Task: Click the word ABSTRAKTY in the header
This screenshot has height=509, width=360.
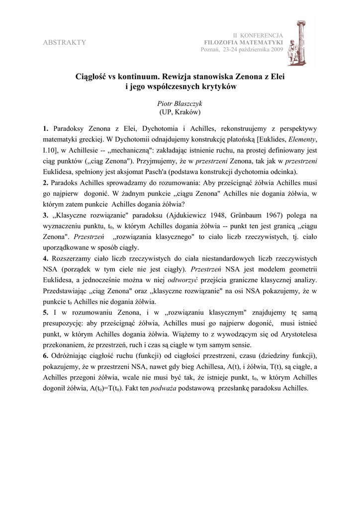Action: point(65,42)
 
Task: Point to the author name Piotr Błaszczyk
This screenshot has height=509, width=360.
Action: point(180,103)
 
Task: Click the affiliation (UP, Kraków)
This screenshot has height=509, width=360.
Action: point(180,113)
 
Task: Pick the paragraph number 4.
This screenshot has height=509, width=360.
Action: point(45,259)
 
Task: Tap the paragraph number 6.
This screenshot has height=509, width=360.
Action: point(45,356)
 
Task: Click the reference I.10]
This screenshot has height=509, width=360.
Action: point(53,150)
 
